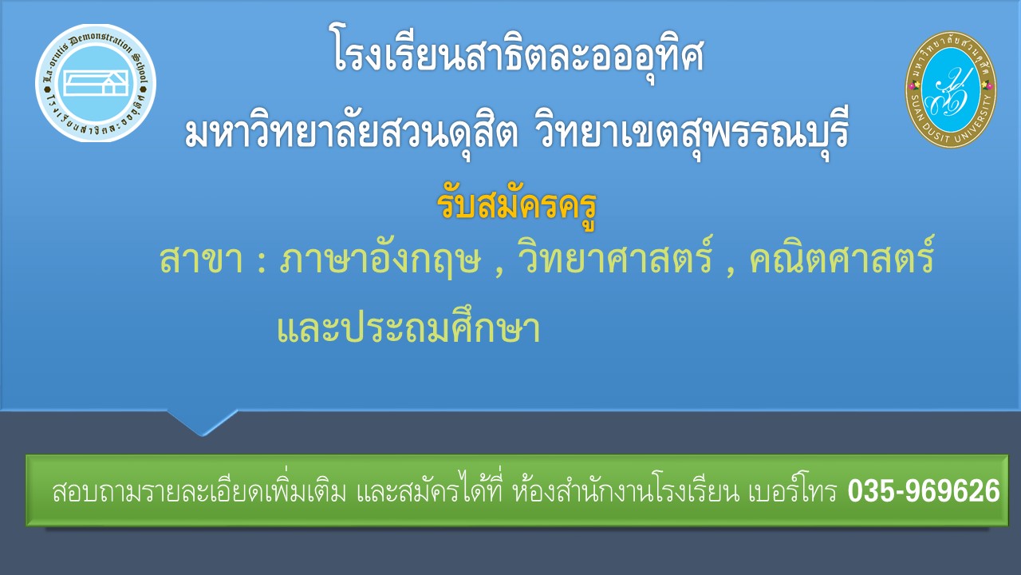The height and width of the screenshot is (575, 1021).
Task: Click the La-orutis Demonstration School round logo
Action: click(96, 83)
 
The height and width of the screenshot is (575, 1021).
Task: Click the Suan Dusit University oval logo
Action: click(950, 89)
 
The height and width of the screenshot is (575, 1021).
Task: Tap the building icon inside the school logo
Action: click(97, 82)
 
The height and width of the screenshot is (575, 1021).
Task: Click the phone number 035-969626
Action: click(924, 491)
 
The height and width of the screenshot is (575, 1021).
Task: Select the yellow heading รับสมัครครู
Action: click(516, 206)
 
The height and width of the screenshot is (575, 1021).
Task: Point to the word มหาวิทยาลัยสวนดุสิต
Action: click(352, 133)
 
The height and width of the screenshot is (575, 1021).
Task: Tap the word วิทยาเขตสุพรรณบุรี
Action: click(692, 133)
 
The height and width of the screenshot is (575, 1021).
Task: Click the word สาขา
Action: click(202, 260)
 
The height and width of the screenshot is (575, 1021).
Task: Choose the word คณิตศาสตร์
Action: click(842, 256)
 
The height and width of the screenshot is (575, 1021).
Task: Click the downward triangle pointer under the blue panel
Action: click(203, 422)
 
